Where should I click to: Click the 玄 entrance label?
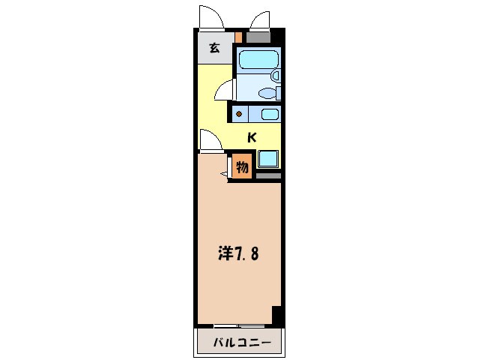coord(214,49)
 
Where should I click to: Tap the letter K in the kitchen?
coord(252,137)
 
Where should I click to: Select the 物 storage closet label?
coord(243,167)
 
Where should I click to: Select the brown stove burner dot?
coord(239,115)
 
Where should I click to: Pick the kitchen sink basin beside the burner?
coord(269,115)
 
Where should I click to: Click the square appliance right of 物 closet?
coord(268,159)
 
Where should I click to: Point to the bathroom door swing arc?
coord(223,92)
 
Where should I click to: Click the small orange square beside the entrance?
coord(239,36)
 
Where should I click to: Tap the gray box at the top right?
coord(259,36)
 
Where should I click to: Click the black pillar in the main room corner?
coord(277,315)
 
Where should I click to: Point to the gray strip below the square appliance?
coord(268,175)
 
